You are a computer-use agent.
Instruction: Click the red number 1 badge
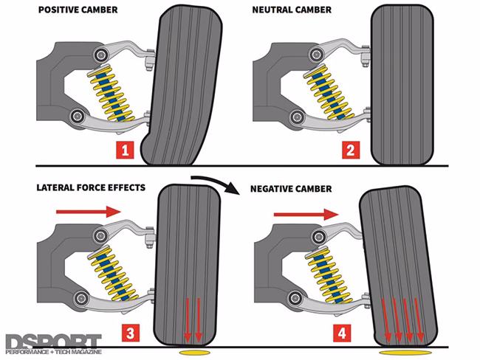126,151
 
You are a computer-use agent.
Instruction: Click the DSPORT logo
52,344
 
